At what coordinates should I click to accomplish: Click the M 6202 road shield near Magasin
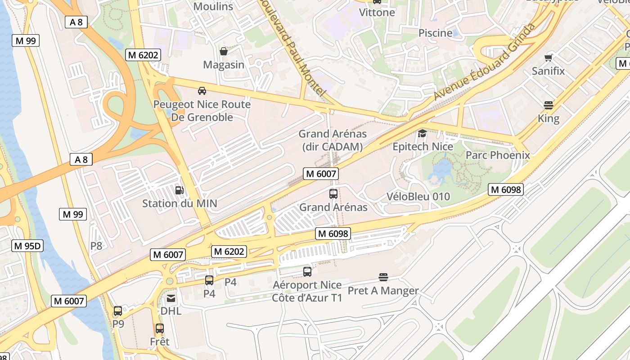143,55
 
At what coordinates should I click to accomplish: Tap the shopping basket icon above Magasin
223,51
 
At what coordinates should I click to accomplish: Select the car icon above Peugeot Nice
202,91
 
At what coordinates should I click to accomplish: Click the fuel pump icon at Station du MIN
179,190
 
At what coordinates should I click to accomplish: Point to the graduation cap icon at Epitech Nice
422,133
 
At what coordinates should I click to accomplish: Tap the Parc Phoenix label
498,155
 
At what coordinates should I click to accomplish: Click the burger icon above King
548,105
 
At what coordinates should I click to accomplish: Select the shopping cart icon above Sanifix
548,58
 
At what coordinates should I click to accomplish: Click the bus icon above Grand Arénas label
333,194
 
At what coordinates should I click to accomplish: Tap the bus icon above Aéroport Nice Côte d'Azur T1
307,271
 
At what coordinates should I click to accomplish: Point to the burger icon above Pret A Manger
383,277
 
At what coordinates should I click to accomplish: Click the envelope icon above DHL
171,298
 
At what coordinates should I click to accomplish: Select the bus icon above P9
118,310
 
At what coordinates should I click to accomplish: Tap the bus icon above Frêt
159,328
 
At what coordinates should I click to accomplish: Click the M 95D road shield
27,246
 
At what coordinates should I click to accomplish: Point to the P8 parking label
96,246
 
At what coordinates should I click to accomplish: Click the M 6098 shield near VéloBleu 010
506,189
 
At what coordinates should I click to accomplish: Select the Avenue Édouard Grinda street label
485,62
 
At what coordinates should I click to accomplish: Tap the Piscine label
435,33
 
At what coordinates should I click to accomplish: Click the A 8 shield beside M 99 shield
76,22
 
